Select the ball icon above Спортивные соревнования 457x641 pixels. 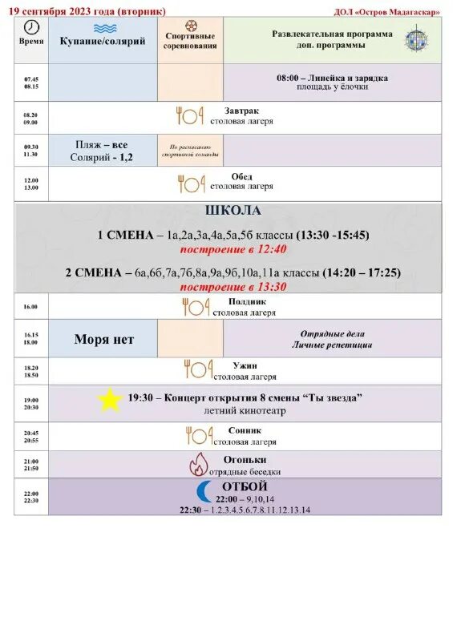point(191,26)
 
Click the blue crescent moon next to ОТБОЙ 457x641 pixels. point(204,491)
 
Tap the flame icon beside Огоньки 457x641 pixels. point(198,464)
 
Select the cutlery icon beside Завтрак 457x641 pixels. point(190,115)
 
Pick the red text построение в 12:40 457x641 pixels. point(233,249)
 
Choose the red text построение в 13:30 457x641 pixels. point(233,286)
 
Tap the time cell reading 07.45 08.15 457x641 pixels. point(31,83)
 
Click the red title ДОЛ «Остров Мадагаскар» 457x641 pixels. point(386,12)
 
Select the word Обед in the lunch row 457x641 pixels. point(241,176)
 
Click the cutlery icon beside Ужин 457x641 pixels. point(197,369)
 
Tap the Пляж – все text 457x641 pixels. point(102,145)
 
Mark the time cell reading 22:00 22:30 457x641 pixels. point(31,497)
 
